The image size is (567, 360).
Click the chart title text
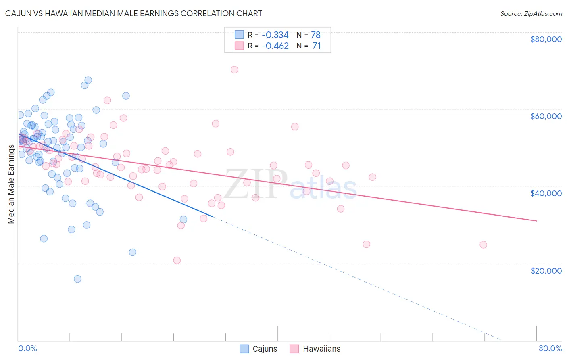coord(133,13)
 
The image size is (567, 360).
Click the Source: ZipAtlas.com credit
coord(531,13)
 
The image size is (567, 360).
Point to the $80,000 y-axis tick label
coord(546,39)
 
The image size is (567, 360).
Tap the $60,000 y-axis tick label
coord(546,116)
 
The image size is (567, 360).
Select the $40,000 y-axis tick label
coord(546,193)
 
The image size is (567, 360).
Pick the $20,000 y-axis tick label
coord(546,270)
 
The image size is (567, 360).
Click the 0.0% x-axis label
coord(27,348)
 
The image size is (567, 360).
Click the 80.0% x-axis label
coord(550,348)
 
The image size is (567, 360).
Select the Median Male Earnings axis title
coord(11,184)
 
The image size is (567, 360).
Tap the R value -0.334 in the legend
coord(275,35)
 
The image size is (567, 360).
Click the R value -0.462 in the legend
coord(275,46)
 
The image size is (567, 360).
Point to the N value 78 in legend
coord(316,35)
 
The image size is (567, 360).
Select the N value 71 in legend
coord(316,46)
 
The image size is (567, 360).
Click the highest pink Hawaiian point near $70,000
coord(234,69)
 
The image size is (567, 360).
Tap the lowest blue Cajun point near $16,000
coord(77,279)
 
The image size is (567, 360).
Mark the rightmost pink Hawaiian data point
coord(483,245)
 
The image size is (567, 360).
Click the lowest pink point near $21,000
coord(177,260)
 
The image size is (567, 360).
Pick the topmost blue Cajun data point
coord(88,80)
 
